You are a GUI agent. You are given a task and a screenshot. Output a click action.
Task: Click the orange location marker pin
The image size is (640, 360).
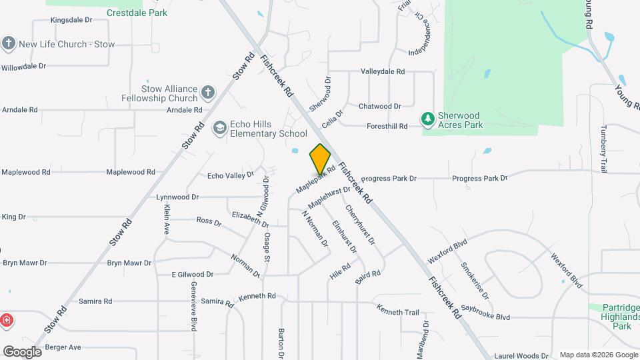coord(320,159)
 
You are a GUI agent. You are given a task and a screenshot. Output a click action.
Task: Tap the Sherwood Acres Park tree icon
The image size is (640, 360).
coord(427,119)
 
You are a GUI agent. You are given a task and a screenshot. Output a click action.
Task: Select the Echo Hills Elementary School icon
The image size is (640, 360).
coord(219,128)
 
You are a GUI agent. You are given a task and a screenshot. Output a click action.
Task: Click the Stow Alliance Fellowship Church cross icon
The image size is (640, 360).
coord(208,93)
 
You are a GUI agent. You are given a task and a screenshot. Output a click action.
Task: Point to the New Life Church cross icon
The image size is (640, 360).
coord(9,44)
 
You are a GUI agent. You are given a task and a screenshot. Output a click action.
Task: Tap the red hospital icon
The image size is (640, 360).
coord(7,320)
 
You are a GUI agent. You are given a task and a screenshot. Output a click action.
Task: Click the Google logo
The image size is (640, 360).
coord(22,352)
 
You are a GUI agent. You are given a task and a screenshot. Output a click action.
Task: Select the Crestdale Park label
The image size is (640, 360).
coord(137,13)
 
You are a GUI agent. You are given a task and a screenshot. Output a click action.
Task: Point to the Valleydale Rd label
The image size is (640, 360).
coord(383,71)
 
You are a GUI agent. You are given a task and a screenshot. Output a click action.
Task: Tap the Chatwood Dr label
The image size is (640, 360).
coord(379,106)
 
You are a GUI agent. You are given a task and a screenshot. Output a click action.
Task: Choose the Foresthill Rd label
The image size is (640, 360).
coord(387,126)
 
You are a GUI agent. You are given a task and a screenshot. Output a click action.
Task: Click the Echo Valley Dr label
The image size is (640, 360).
coord(231,176)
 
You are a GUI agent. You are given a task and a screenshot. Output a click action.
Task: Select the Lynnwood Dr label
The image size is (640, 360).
coord(177,197)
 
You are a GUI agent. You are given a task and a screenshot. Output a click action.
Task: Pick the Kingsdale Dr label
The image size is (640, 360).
coord(71,21)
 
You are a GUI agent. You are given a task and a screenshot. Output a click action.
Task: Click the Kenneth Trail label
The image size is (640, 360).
coord(397,311)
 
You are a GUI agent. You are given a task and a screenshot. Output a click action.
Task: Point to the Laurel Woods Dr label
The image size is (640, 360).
coord(526,356)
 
